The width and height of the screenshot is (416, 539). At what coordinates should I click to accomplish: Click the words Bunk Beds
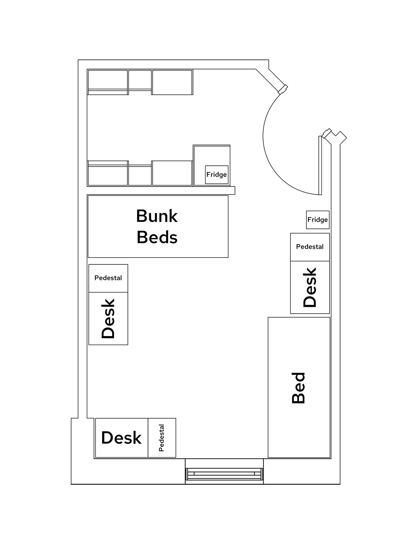tap(157, 227)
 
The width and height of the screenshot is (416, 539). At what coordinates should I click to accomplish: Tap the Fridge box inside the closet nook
tap(216, 175)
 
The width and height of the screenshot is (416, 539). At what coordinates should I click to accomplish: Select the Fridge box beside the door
tap(317, 220)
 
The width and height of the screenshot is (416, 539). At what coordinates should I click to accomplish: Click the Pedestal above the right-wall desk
tap(310, 247)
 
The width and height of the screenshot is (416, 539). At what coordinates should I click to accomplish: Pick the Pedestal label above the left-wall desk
tap(108, 278)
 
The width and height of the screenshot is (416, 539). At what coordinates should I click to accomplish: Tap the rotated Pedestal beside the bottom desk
tap(162, 438)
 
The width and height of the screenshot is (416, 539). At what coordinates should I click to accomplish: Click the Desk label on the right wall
tap(310, 287)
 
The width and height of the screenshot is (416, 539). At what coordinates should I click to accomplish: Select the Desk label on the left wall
tap(108, 318)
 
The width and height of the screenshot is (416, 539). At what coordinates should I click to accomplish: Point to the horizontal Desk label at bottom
tap(121, 438)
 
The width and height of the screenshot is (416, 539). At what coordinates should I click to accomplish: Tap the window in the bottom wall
tap(224, 474)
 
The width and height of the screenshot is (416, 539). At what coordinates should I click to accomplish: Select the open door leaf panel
tap(320, 165)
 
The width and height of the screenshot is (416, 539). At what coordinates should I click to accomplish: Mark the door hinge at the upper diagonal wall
tap(283, 89)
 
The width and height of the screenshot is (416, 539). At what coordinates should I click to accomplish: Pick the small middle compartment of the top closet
tap(140, 80)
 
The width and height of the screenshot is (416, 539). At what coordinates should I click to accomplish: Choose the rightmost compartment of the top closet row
tap(172, 82)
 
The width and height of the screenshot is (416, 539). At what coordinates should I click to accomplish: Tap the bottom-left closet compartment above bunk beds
tap(108, 175)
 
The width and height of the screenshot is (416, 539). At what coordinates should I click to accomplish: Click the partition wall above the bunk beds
tap(161, 190)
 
